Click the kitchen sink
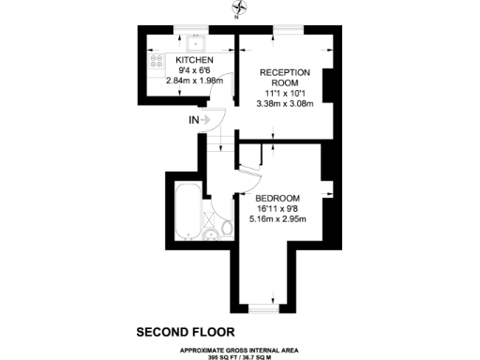[196, 42]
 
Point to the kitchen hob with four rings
[155, 62]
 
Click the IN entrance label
[194, 119]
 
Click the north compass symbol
[235, 11]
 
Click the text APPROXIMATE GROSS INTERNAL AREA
[240, 348]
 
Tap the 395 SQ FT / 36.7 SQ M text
[240, 355]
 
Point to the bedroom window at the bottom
[264, 307]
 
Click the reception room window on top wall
[286, 32]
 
